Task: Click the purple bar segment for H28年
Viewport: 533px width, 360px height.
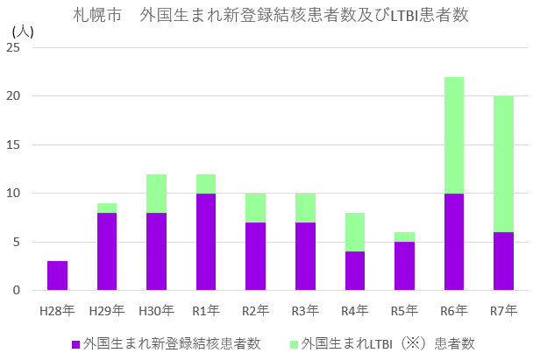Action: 57,275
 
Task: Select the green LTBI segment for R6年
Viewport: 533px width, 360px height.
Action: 453,135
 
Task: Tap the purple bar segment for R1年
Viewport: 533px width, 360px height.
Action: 206,242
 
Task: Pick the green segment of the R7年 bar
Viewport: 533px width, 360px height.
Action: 503,164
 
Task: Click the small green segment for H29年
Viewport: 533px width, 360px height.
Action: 107,208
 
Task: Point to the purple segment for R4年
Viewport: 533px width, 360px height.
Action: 354,271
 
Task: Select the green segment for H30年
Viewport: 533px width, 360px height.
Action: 156,193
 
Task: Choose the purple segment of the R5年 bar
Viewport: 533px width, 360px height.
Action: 404,265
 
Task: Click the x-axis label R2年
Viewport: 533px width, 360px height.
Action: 255,310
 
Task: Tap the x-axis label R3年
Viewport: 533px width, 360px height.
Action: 305,310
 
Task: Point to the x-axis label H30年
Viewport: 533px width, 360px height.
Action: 156,310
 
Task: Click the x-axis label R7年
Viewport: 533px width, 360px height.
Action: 503,310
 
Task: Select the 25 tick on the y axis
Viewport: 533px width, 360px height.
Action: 13,47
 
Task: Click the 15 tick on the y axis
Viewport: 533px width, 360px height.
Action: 13,145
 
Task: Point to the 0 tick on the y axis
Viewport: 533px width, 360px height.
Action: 16,290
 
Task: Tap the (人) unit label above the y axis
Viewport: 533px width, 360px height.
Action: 23,30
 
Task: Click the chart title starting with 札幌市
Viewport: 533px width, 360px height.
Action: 266,15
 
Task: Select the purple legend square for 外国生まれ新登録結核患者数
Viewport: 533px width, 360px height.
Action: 76,342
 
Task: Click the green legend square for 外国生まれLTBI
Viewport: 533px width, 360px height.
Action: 295,342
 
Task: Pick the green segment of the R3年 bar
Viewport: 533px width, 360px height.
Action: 305,208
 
